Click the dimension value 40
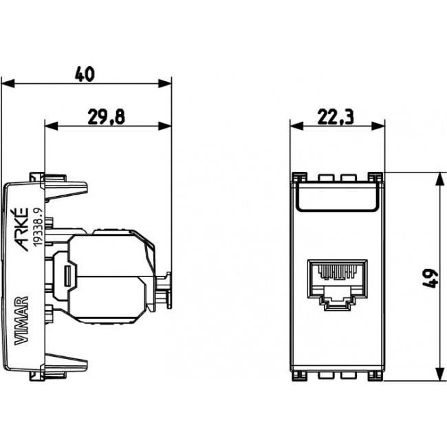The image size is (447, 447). (x=85, y=73)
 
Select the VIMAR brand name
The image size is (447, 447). (x=21, y=320)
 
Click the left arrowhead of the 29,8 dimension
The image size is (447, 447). (x=50, y=126)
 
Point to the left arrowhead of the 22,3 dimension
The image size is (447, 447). (x=294, y=126)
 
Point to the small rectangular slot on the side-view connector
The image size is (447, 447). (x=67, y=276)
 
